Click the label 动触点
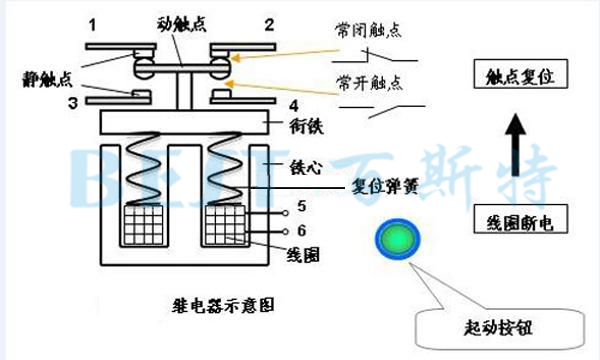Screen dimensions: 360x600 coord(181,20)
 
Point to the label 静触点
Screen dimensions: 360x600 coord(47,77)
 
